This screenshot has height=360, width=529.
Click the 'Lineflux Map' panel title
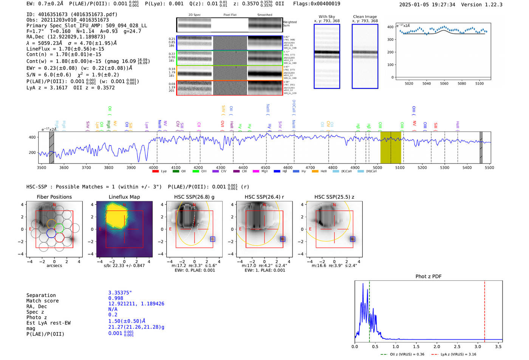click(124, 197)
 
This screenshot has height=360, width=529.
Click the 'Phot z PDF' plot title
click(428, 277)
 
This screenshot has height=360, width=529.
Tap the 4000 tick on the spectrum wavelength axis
click(153, 168)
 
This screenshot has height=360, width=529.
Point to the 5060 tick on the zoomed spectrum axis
click(444, 83)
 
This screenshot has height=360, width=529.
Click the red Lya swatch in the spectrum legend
click(155, 172)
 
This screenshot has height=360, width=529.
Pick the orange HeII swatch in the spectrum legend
click(315, 172)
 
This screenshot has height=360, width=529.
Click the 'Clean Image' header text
click(365, 17)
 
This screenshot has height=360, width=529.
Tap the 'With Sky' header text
click(327, 17)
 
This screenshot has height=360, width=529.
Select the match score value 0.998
click(116, 298)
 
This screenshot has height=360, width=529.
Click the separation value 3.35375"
click(120, 293)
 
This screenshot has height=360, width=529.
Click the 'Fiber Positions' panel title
click(54, 197)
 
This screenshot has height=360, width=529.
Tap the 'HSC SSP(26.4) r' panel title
click(264, 197)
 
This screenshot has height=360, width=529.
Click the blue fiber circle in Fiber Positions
click(51, 233)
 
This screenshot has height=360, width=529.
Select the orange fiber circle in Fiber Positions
click(51, 224)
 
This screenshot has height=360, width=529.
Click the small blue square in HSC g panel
click(212, 239)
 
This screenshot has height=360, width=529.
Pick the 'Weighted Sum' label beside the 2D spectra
click(289, 24)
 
